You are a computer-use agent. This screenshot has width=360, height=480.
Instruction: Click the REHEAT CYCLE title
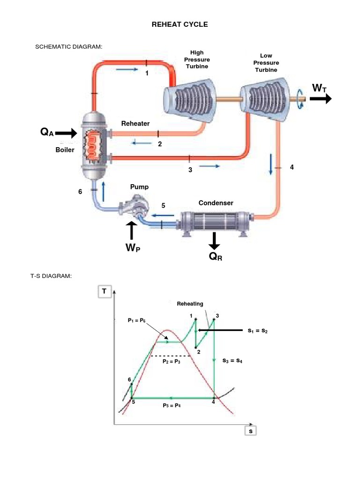pos(180,24)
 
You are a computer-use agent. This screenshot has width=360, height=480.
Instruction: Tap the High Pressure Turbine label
pos(197,60)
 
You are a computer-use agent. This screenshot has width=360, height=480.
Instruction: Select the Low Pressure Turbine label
pos(266,63)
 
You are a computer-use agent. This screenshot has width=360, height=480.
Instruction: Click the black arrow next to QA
pos(66,133)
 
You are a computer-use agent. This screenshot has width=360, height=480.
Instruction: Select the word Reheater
pos(135,124)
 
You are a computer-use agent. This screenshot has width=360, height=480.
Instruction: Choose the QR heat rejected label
pos(216,256)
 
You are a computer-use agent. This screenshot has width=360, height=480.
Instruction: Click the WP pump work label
pos(133,248)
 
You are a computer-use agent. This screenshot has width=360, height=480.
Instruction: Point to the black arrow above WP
pos(132,231)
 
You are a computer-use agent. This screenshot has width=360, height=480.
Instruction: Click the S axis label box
pos(251,431)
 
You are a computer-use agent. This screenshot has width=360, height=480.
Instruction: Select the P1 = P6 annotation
pos(136,320)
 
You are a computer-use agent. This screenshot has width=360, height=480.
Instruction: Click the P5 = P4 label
pos(172,405)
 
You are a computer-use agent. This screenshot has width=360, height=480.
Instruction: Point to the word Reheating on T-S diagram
pos(190,304)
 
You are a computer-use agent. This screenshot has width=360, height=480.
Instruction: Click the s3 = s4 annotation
pos(232,361)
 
